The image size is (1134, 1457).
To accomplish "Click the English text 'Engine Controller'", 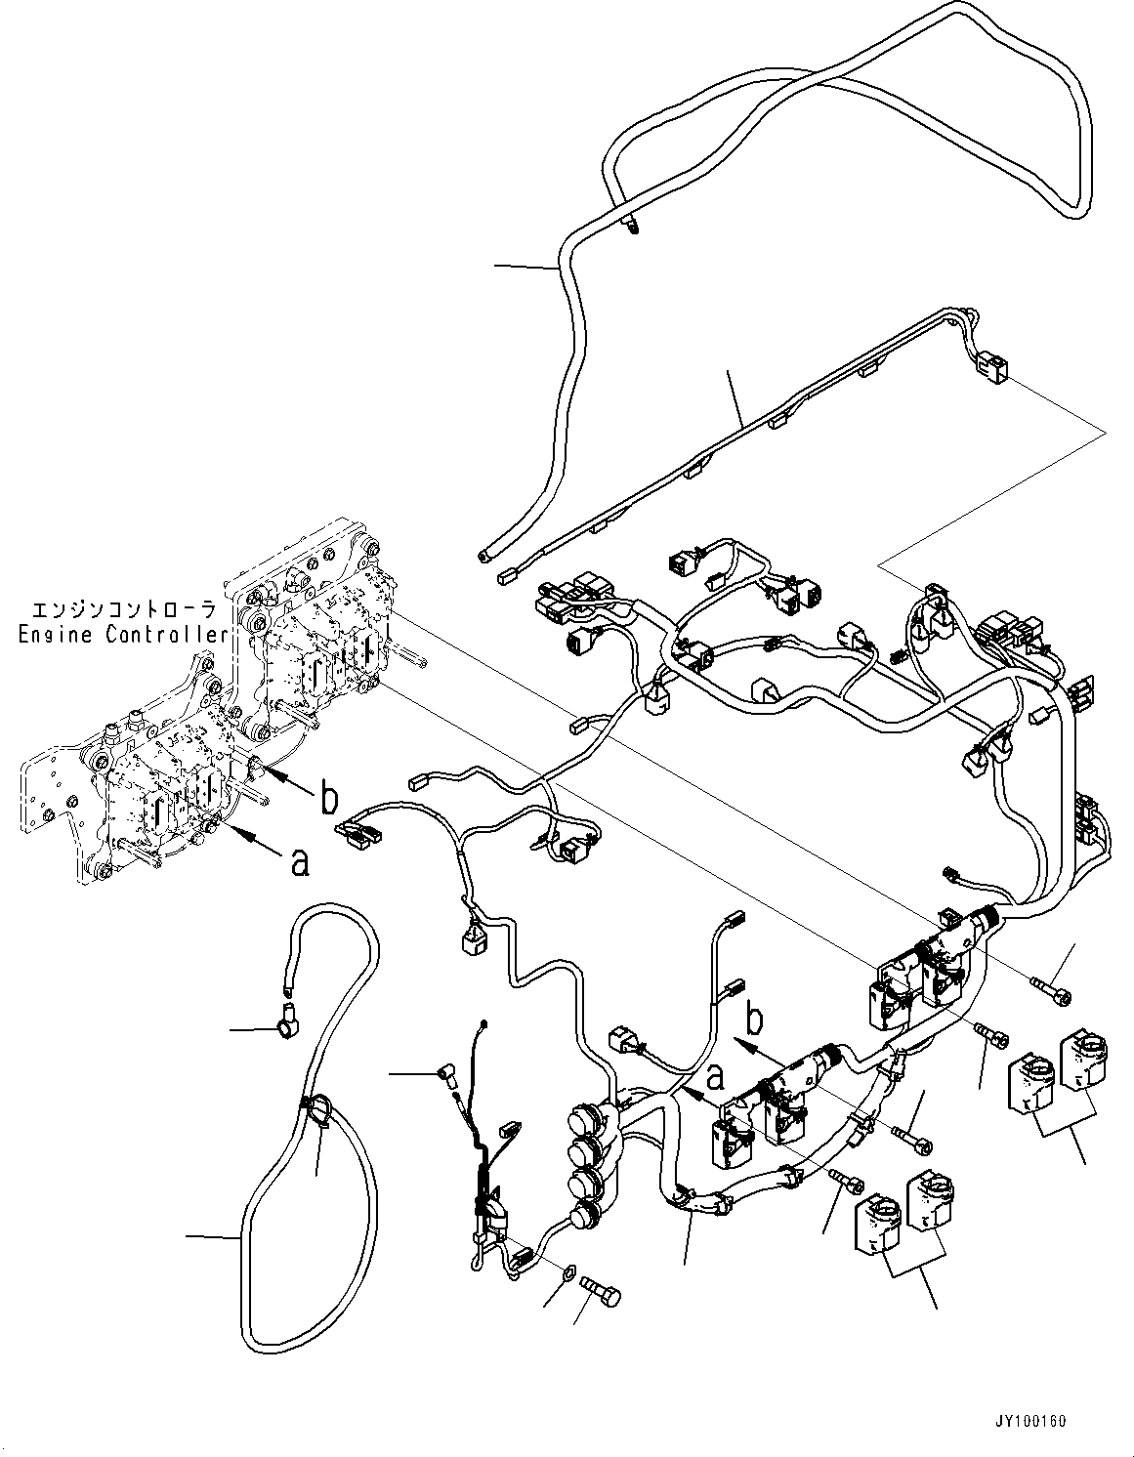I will tap(123, 635).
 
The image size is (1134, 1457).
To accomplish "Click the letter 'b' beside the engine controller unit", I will tap(329, 799).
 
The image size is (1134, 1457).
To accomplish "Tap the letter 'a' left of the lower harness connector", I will tap(716, 1077).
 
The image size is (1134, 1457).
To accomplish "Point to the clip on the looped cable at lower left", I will tap(315, 1108).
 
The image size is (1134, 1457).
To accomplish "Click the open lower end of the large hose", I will tap(484, 558).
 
